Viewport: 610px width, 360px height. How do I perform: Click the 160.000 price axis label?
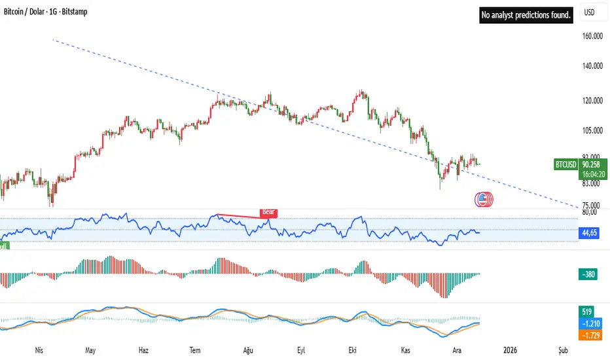click(592, 37)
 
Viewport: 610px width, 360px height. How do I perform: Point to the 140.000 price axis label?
click(592, 67)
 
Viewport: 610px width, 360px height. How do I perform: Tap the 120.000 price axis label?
click(592, 101)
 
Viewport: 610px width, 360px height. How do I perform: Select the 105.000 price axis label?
click(592, 131)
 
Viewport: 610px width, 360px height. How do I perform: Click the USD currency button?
click(589, 12)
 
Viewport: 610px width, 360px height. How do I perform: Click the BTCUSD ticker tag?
click(565, 166)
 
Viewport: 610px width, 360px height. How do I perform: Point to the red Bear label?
click(268, 212)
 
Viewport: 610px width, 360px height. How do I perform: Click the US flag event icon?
click(483, 200)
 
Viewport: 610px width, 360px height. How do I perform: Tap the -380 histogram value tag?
click(587, 276)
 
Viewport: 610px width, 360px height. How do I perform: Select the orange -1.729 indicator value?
click(588, 334)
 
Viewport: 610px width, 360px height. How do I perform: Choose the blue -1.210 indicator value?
click(588, 324)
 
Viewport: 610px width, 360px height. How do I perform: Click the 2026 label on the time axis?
click(509, 350)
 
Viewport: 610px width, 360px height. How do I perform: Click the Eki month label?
click(354, 350)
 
